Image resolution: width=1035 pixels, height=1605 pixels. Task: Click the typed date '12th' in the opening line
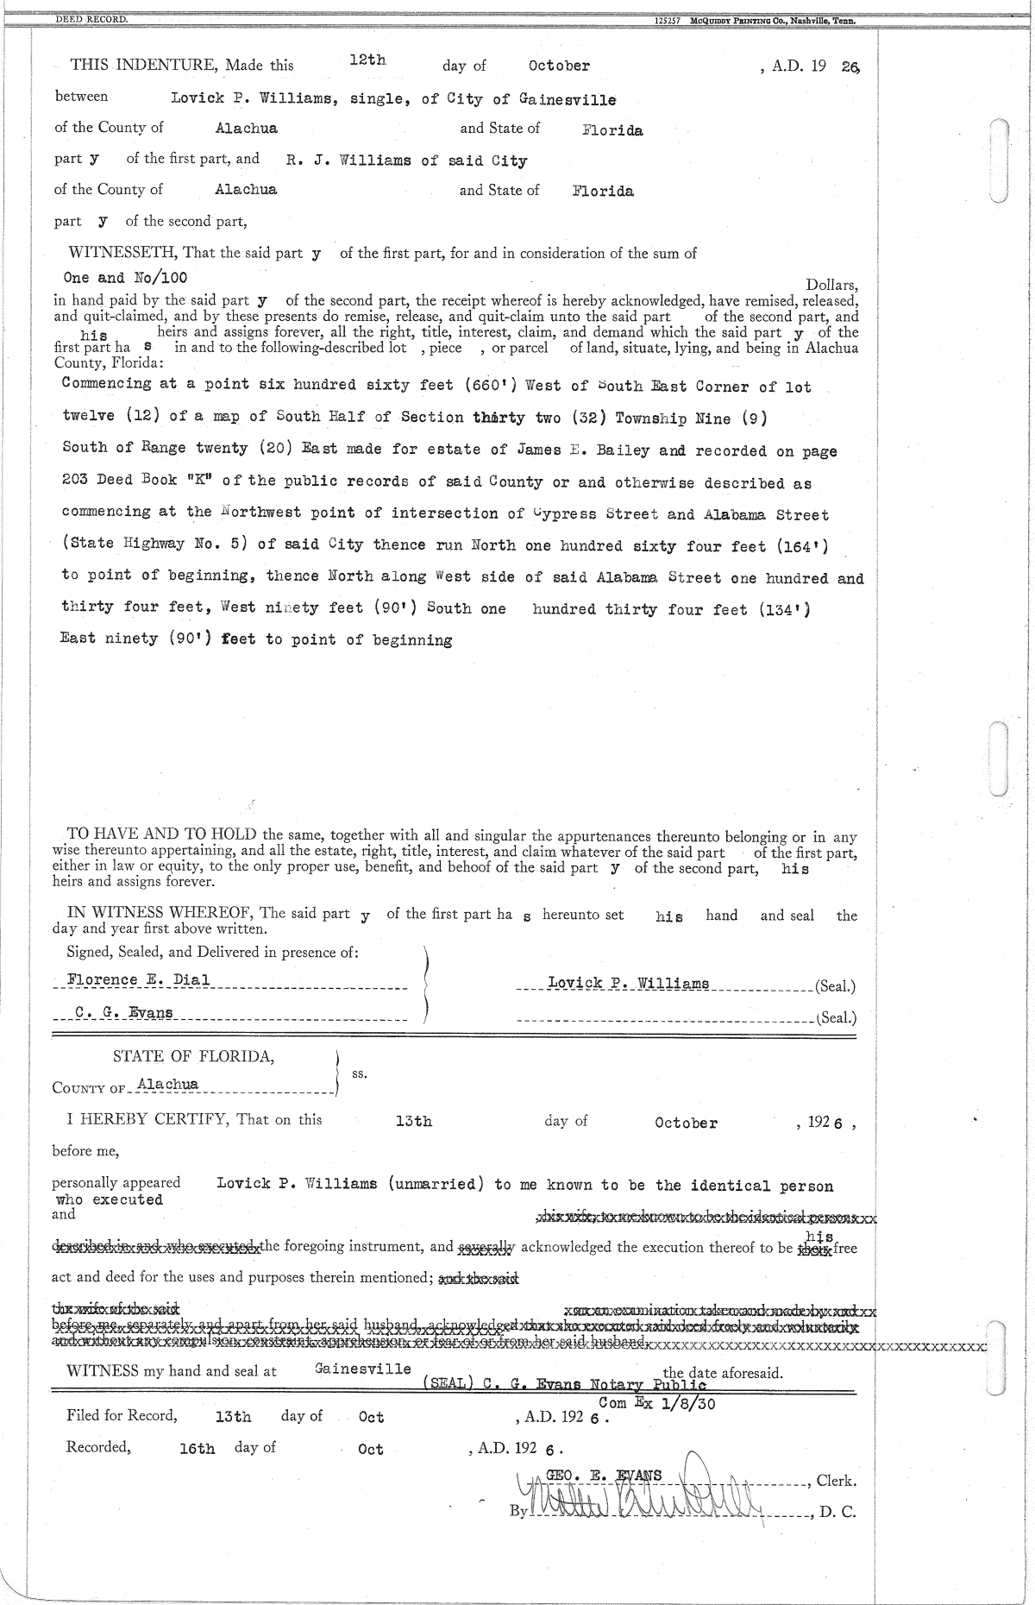coord(367,60)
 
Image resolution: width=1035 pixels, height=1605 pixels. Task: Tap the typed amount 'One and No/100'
coord(126,278)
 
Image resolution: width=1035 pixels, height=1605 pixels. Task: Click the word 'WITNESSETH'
coord(122,253)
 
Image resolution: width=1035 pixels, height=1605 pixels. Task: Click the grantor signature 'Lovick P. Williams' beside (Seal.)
coord(628,984)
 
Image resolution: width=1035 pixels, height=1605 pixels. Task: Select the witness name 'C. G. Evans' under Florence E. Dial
coord(123,1013)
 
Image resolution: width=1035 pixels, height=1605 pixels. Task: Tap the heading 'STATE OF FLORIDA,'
coord(194,1057)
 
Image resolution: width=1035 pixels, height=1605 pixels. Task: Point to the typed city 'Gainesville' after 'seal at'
coord(363,1369)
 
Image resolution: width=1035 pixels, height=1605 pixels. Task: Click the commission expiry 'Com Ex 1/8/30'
coord(656,1403)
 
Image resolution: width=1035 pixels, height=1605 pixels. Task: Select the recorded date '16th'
coord(198,1450)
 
